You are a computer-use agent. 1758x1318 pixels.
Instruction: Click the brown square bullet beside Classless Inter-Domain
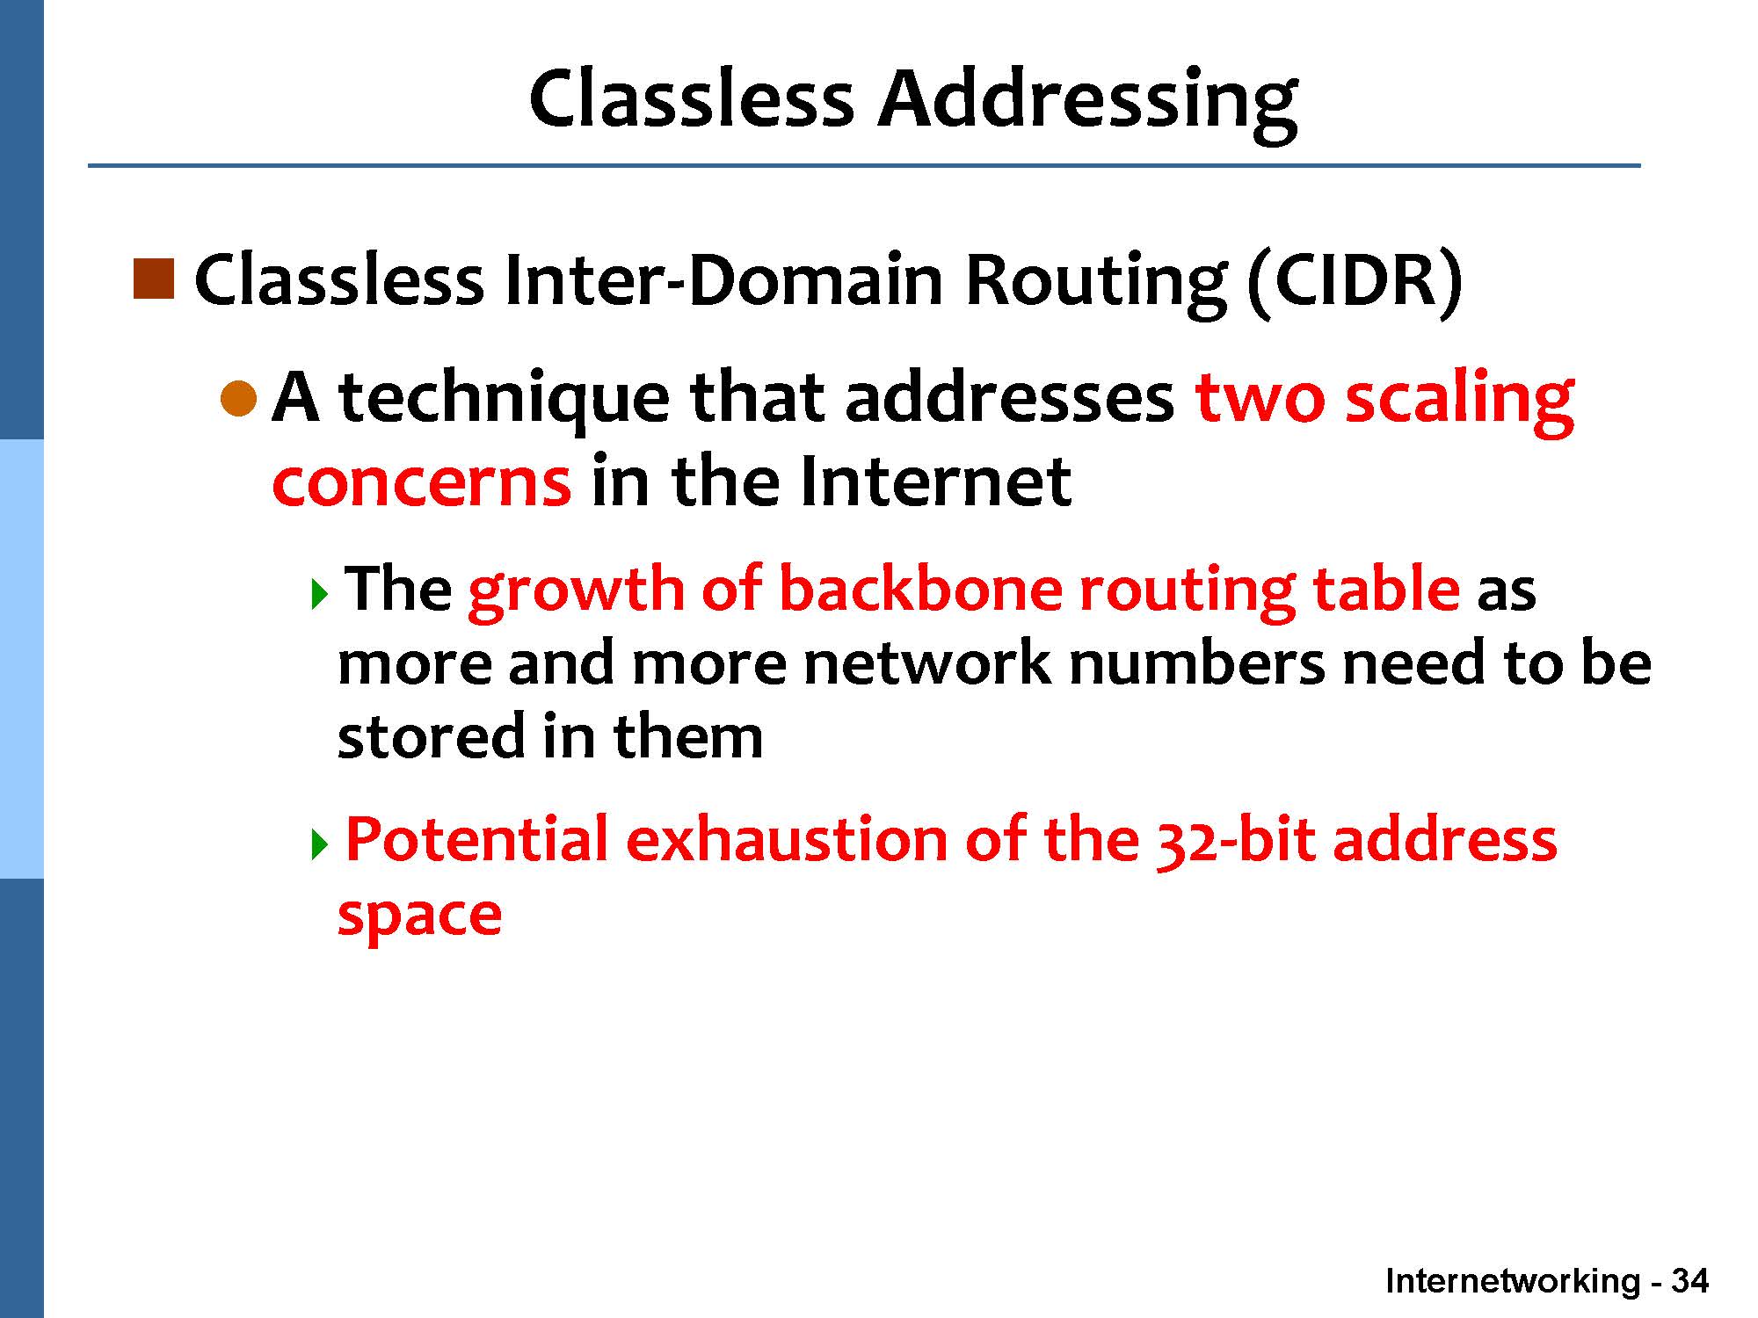153,279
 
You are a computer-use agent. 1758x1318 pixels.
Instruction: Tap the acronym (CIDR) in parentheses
1355,281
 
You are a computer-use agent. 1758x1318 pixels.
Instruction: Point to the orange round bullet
238,399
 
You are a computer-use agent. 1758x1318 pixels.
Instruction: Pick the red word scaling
1458,401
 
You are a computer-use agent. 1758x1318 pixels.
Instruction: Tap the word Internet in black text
935,482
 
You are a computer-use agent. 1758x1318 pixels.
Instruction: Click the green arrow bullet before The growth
319,595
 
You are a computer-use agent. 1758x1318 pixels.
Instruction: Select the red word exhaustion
787,839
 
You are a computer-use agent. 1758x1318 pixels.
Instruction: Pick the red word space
419,916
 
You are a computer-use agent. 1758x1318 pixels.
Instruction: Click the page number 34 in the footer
1689,1280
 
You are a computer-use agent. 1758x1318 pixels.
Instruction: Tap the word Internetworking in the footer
1513,1281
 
